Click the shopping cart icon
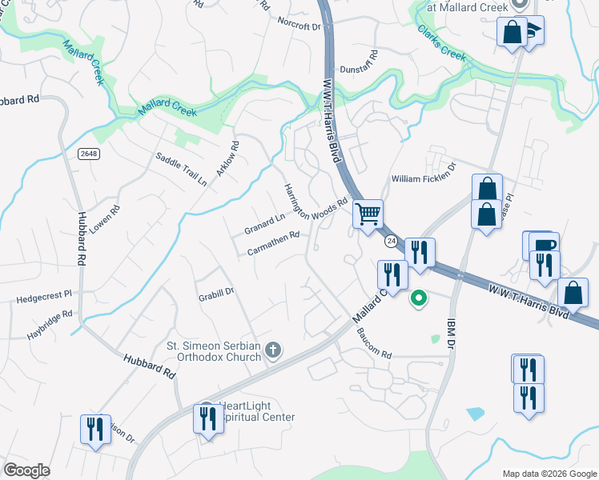[368, 214]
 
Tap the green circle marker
[418, 299]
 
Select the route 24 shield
[391, 241]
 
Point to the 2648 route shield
[89, 154]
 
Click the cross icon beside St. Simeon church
[273, 350]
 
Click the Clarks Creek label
[441, 44]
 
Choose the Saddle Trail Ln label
[181, 169]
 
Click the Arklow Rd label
[227, 160]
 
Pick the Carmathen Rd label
[273, 244]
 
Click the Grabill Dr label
[215, 293]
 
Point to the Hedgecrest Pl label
[43, 298]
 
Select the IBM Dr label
[448, 333]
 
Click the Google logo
[27, 470]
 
